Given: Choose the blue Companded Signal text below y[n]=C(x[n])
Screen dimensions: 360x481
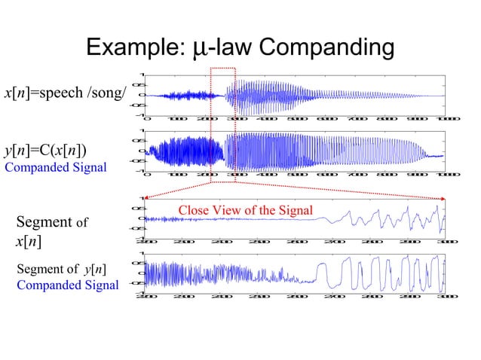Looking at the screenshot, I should (55, 167).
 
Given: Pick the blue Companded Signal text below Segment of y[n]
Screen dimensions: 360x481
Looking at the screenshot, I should (67, 285).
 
